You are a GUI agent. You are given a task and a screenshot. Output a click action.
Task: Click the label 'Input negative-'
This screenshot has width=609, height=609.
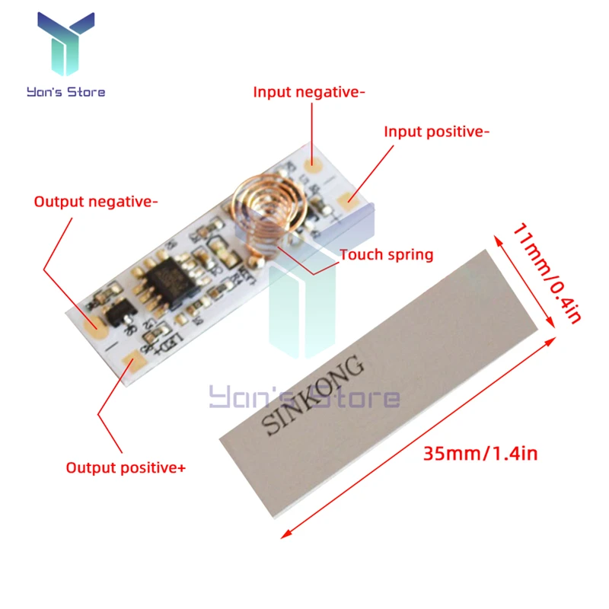coord(309,92)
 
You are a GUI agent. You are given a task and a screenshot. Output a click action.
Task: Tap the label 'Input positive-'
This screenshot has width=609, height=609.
coord(436,132)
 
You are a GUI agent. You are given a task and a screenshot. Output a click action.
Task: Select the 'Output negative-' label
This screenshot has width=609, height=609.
coord(96,202)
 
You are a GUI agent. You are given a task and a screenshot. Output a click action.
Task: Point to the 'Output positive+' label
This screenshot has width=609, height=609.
coord(126,467)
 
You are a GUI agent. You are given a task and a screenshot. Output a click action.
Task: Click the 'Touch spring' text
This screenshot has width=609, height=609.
coord(386,254)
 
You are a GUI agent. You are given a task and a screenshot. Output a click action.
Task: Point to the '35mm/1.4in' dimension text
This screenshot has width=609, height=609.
coord(480,454)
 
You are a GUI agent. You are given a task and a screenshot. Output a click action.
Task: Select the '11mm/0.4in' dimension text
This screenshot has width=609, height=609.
coord(546,272)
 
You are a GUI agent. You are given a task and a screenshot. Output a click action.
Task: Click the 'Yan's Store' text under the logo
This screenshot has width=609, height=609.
coord(65,92)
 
